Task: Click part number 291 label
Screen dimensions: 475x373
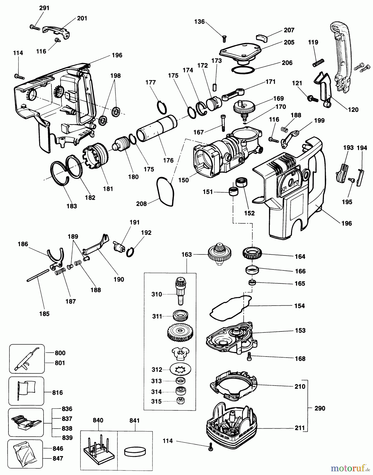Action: [x=44, y=8]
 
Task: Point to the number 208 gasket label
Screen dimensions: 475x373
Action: [x=141, y=204]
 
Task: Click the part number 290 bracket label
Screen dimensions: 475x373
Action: [x=320, y=408]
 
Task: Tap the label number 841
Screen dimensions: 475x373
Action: [x=134, y=420]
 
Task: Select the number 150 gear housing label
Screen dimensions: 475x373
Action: [x=183, y=180]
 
